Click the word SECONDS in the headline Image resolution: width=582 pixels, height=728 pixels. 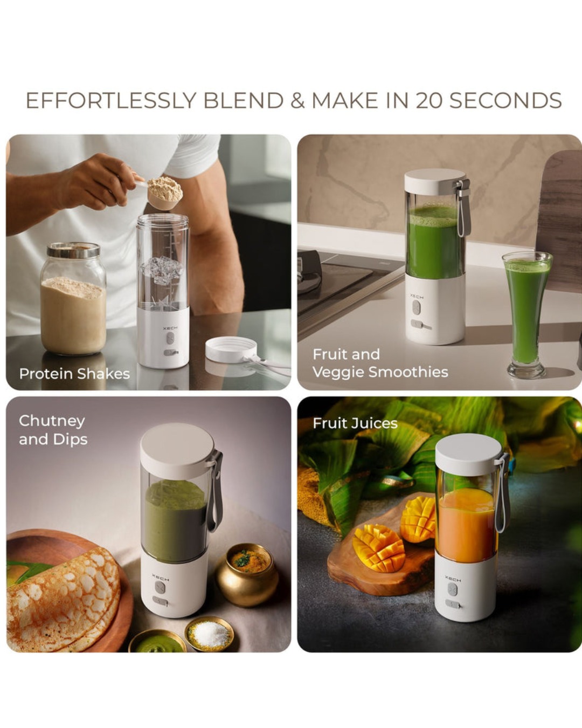pyautogui.click(x=505, y=101)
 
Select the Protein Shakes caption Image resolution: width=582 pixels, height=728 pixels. pyautogui.click(x=74, y=374)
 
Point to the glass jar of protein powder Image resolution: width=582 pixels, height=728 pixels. pyautogui.click(x=73, y=299)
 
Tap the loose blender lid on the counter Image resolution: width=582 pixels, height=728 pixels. pyautogui.click(x=231, y=349)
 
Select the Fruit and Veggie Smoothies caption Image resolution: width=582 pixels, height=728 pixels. pyautogui.click(x=380, y=363)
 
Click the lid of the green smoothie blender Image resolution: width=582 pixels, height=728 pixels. pyautogui.click(x=434, y=183)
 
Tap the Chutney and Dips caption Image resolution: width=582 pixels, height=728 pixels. pyautogui.click(x=53, y=430)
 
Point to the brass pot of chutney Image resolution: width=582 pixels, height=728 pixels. pyautogui.click(x=247, y=574)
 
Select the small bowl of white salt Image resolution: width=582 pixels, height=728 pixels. pyautogui.click(x=209, y=634)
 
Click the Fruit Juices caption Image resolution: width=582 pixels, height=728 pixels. pyautogui.click(x=355, y=423)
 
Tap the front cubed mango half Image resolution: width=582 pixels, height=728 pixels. pyautogui.click(x=378, y=549)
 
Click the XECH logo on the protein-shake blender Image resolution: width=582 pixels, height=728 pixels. pyautogui.click(x=170, y=328)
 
